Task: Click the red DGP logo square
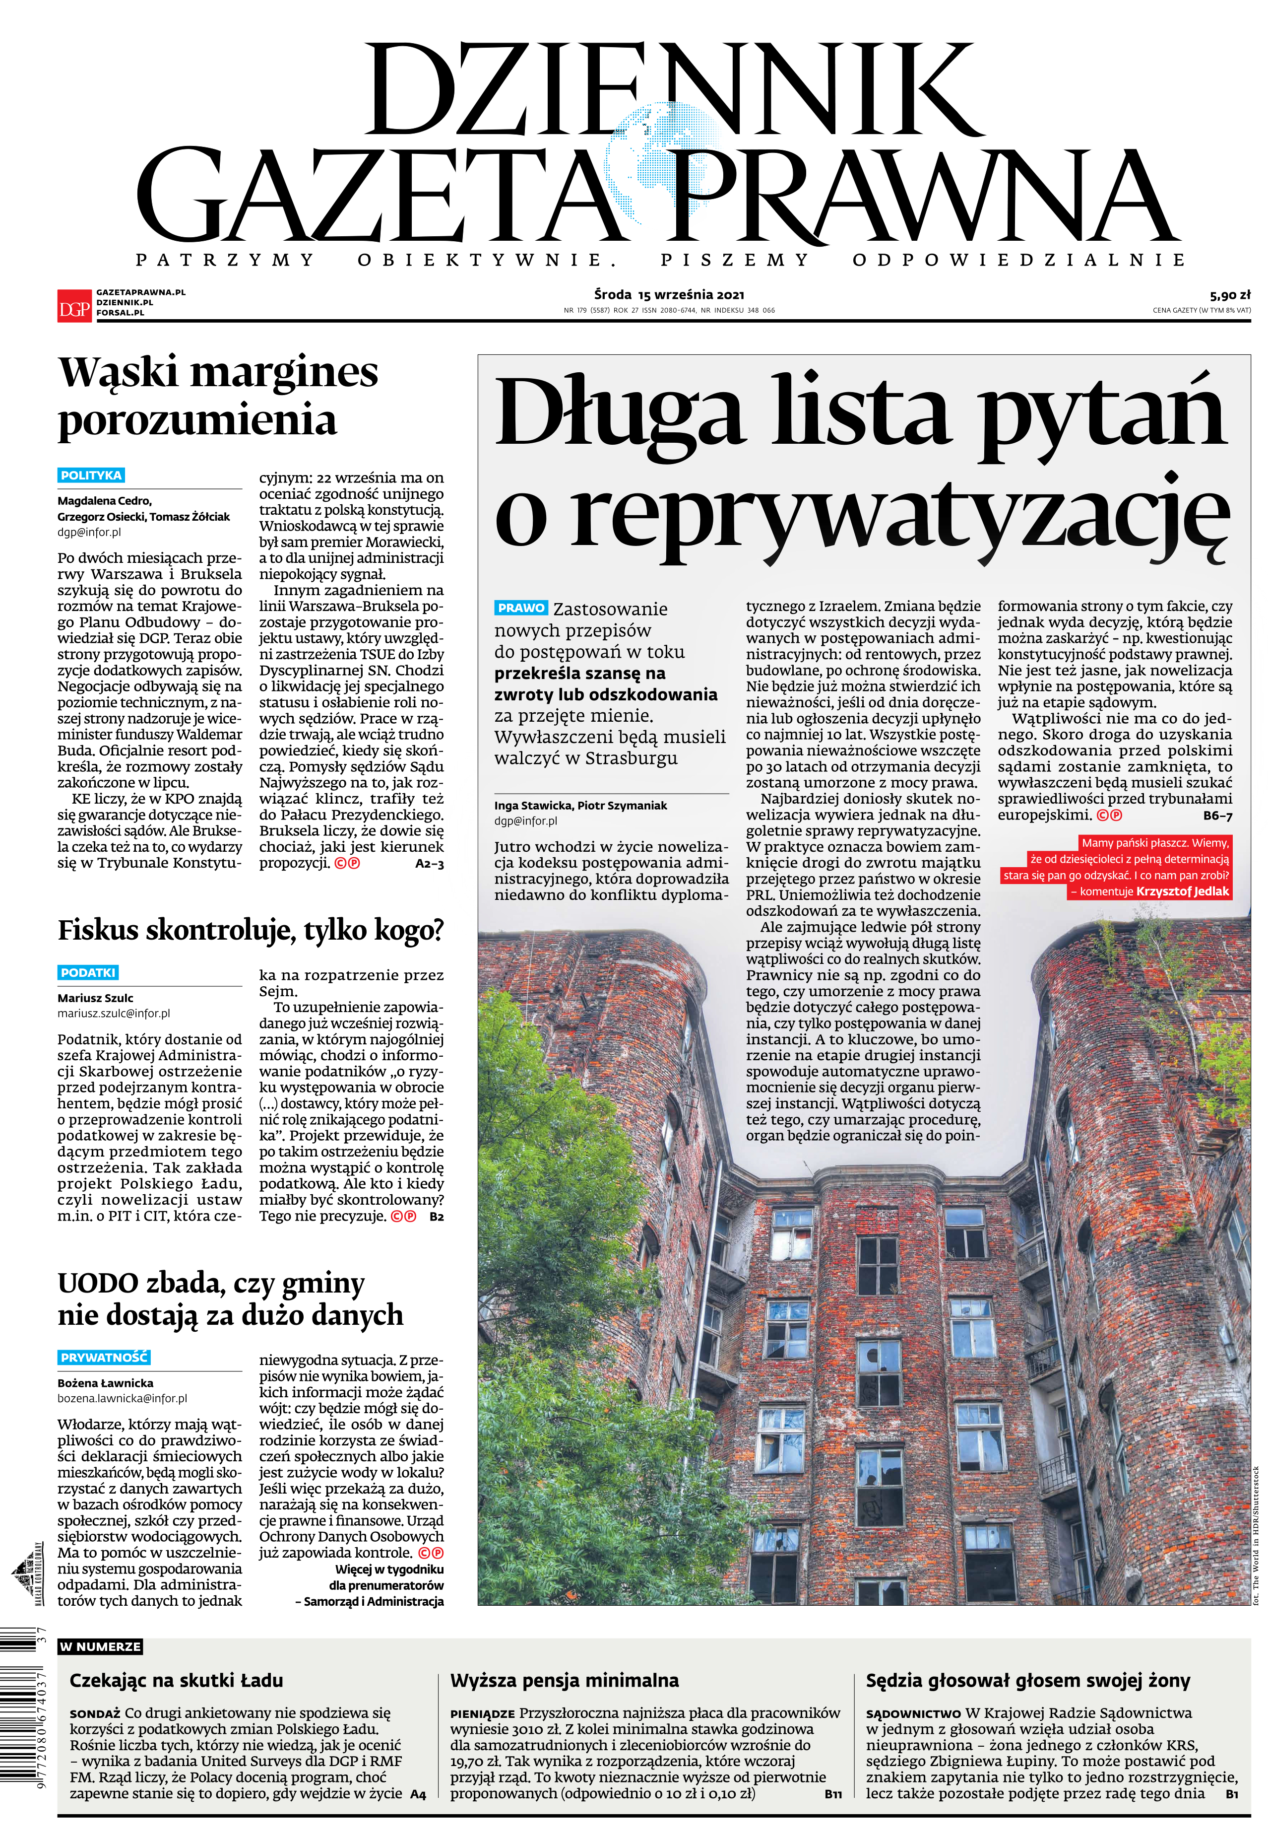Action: [75, 304]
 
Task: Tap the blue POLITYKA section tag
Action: [91, 475]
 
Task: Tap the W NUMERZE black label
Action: [100, 1647]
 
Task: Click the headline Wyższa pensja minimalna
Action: [564, 1680]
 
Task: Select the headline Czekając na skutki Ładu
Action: [177, 1680]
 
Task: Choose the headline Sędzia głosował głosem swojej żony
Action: [1027, 1680]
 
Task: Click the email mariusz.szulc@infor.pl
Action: [114, 1013]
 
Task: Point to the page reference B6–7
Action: [1217, 816]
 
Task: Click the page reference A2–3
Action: [429, 864]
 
